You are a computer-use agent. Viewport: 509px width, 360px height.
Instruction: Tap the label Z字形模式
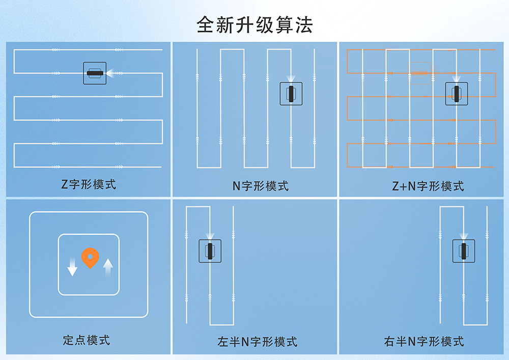89,184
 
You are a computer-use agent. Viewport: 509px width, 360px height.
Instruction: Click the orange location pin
90,258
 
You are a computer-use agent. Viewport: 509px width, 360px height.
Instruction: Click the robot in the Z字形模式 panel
95,73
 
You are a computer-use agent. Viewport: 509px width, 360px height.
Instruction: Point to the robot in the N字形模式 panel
291,94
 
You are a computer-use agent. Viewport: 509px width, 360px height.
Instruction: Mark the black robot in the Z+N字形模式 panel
457,94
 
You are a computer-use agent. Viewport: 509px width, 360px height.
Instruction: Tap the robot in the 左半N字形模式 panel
210,251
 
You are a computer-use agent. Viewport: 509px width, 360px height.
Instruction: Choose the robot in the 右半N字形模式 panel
464,251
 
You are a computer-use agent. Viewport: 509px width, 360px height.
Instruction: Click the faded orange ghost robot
420,73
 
